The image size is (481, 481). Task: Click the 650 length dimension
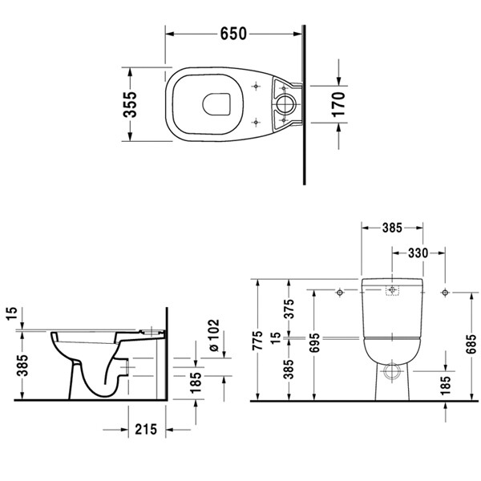[x=232, y=34]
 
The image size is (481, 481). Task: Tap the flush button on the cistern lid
[x=391, y=290]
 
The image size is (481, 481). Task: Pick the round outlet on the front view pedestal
[x=391, y=371]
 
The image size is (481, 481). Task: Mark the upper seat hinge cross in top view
[x=256, y=85]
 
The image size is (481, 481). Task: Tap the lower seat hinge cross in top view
[x=256, y=120]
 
